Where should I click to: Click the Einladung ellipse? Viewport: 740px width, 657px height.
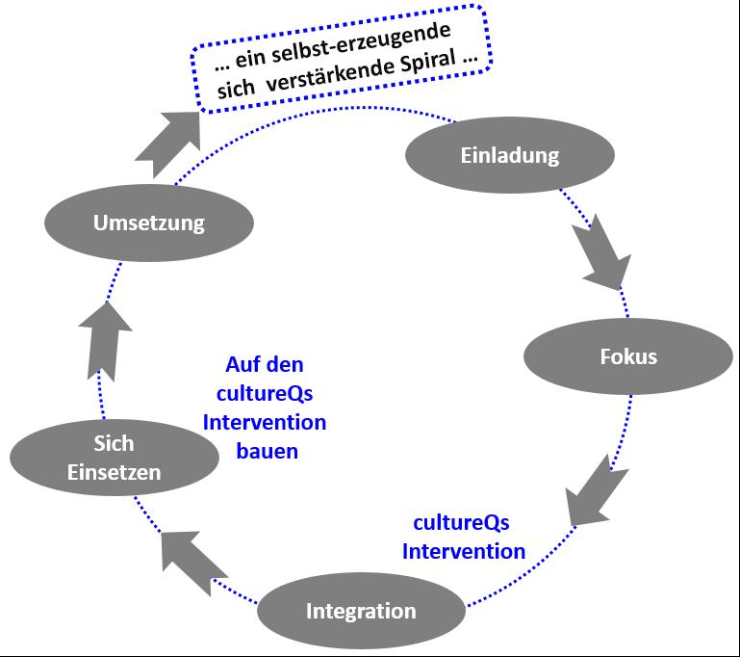pos(509,155)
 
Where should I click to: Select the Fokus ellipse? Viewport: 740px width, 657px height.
pos(627,356)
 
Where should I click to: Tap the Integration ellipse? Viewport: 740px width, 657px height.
pos(361,611)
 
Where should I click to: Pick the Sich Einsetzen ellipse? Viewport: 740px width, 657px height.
pos(114,459)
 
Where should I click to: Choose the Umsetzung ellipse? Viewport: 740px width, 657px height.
pos(149,223)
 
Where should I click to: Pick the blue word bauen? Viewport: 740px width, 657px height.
pos(267,450)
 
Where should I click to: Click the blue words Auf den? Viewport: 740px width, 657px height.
pos(265,365)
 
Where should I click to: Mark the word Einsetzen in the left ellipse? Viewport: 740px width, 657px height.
pos(115,472)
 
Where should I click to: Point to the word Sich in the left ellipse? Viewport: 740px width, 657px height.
pos(115,445)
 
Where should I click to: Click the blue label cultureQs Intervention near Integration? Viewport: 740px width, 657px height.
pos(463,538)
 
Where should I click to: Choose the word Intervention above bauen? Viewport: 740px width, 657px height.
pos(265,422)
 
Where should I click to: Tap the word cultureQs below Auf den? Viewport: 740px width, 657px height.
pos(265,394)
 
